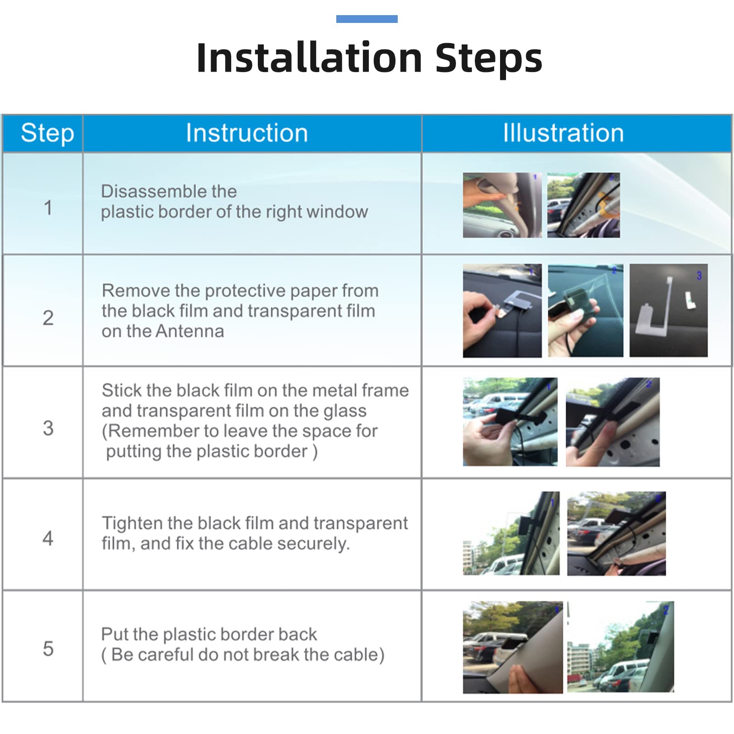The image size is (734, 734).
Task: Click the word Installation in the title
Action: coord(309,58)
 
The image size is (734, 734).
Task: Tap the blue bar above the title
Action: coord(367,19)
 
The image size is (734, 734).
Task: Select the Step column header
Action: coord(47,133)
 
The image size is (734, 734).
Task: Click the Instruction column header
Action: coord(247,133)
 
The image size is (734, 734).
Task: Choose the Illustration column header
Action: coord(563,133)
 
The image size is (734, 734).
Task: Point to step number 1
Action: coord(48,207)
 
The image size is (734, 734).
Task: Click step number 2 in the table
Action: coord(48,318)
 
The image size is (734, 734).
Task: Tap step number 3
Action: coord(48,428)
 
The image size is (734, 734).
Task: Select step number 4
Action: coord(48,538)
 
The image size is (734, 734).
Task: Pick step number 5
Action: coord(48,649)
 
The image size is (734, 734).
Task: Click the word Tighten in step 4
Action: coord(132,523)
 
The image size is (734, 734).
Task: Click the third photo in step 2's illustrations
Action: coord(668,311)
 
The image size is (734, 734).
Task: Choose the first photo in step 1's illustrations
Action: coord(502,205)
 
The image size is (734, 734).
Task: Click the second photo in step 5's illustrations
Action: coord(621,647)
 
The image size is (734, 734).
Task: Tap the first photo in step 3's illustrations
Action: coord(510,422)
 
